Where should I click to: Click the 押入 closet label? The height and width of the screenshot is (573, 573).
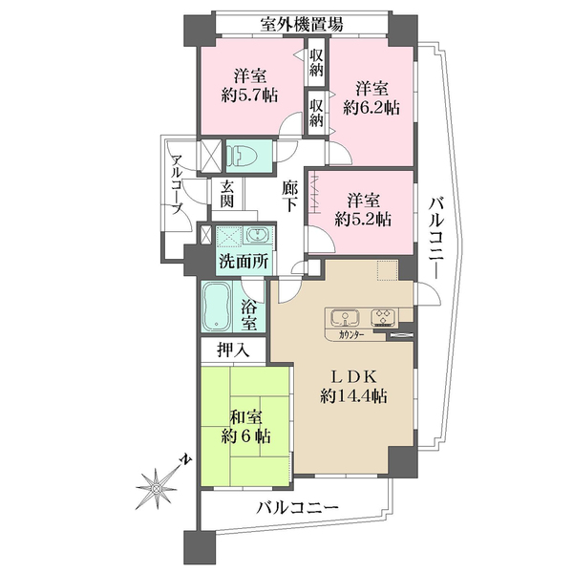pos(233,350)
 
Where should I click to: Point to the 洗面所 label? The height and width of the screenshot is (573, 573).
pos(243,261)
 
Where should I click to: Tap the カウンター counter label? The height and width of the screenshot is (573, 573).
pos(350,335)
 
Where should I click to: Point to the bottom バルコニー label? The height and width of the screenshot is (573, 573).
pos(296,508)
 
